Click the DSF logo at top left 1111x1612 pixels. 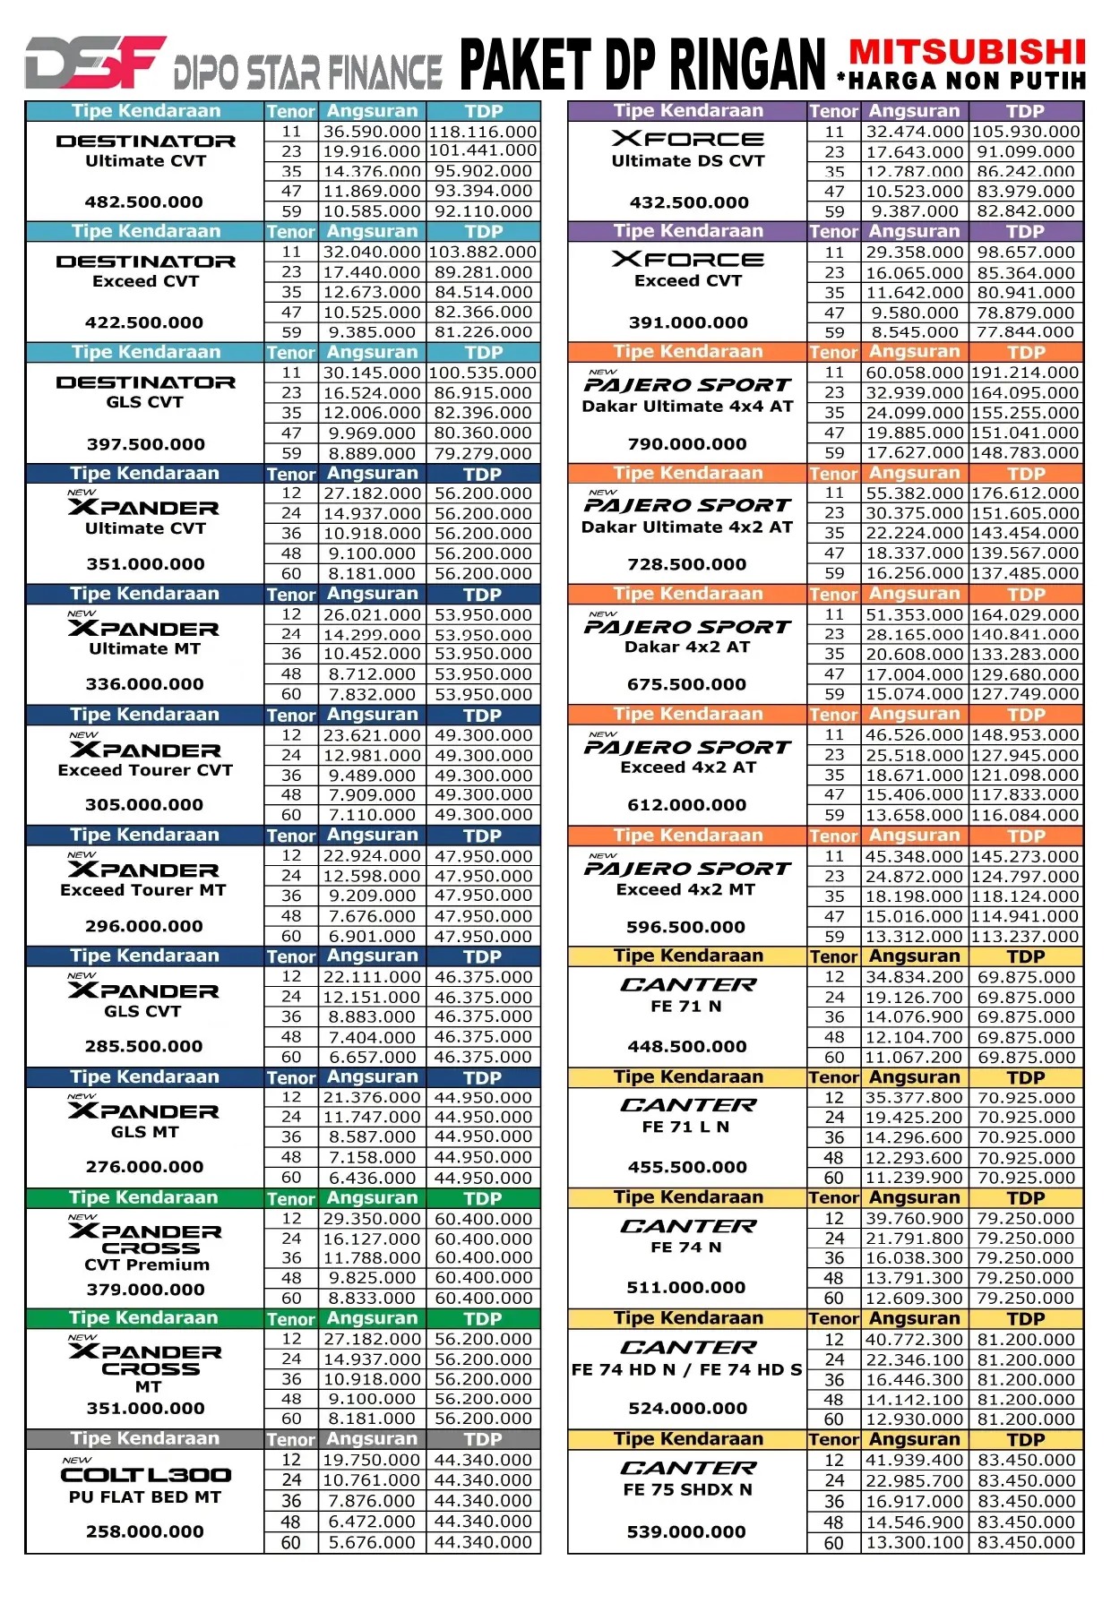[x=95, y=62]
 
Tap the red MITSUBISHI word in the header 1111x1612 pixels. [x=968, y=52]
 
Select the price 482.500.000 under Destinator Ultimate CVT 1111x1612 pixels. [x=144, y=202]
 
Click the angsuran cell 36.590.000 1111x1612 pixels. [x=372, y=132]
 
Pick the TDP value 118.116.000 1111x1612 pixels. [x=483, y=132]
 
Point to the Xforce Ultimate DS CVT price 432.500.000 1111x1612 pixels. [x=688, y=202]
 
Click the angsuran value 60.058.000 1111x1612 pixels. [x=914, y=373]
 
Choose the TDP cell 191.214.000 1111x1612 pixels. [x=1026, y=373]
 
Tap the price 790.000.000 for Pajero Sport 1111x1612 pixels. [x=687, y=444]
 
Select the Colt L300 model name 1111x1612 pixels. [x=146, y=1475]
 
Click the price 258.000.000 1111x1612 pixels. [x=145, y=1531]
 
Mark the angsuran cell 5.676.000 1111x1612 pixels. [x=372, y=1542]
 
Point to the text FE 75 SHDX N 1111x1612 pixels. [x=688, y=1489]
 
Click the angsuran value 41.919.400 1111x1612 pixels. [x=914, y=1460]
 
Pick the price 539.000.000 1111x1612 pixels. [x=686, y=1531]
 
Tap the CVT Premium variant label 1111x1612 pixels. [x=147, y=1265]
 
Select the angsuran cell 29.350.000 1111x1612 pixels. [x=372, y=1219]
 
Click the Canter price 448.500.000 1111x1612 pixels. [x=687, y=1046]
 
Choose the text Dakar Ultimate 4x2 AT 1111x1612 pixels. [x=687, y=527]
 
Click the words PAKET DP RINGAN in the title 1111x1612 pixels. [x=642, y=64]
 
